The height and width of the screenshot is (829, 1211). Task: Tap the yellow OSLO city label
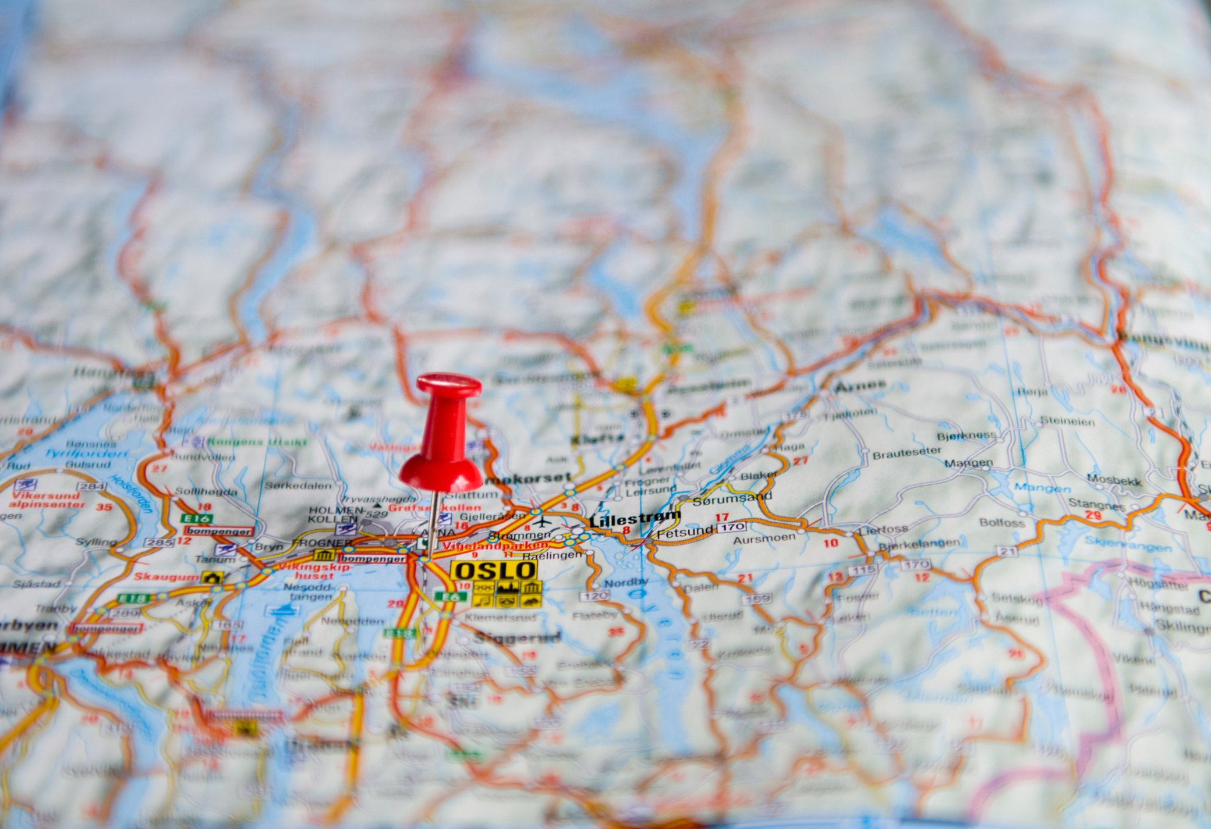click(x=494, y=571)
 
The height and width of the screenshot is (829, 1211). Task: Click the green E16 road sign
click(x=196, y=518)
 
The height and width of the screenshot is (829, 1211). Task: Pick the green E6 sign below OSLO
click(x=450, y=596)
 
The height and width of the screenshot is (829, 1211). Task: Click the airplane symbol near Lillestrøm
click(x=541, y=520)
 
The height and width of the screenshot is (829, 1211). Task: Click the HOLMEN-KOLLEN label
click(x=333, y=514)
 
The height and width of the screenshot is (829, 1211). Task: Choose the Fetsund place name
click(x=685, y=530)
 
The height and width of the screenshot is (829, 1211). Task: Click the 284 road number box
click(x=91, y=487)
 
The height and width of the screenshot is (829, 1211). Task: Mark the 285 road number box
click(x=160, y=543)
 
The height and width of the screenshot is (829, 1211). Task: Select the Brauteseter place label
click(x=907, y=452)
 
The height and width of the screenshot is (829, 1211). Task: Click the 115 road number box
click(x=862, y=569)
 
